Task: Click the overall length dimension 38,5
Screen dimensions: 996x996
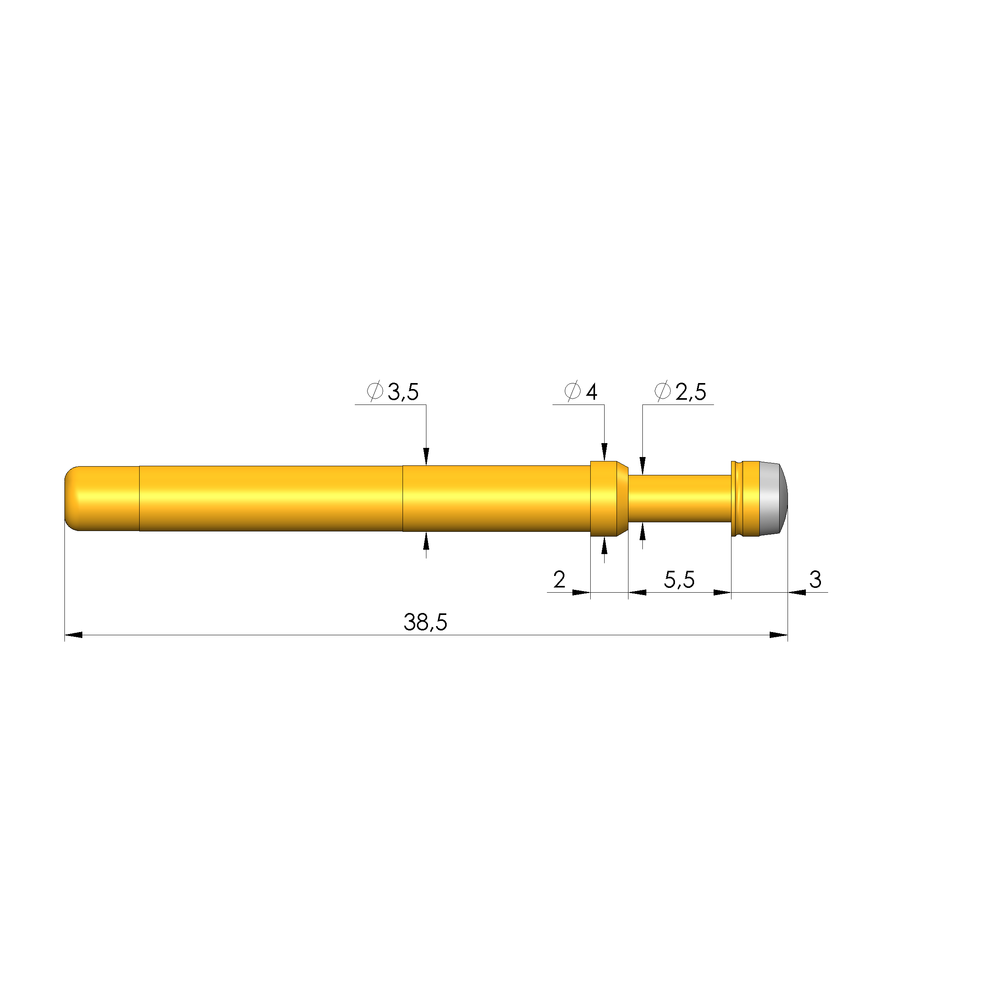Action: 425,622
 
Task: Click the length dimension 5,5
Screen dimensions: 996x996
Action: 679,580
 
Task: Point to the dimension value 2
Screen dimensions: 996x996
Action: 559,580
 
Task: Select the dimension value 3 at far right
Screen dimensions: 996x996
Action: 815,580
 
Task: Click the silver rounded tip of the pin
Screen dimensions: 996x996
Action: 774,498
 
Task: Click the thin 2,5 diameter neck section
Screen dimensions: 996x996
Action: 679,498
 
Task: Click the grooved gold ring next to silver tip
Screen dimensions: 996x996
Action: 743,498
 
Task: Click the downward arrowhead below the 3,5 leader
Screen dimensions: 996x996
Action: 426,456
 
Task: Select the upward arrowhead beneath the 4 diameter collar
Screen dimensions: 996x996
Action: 604,545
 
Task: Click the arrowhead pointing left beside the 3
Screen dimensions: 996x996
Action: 797,592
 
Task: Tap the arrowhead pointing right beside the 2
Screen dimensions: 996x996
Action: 581,592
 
